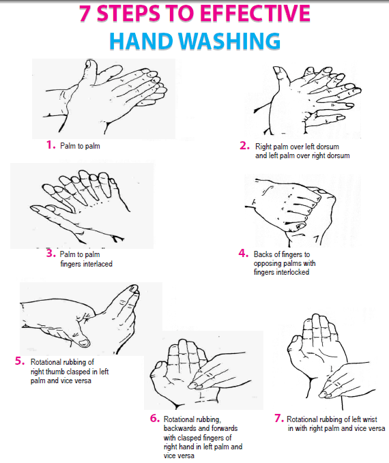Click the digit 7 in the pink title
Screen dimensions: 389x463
(x=85, y=14)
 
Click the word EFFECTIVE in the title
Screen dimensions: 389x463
(x=255, y=14)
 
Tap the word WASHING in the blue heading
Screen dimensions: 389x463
(x=229, y=41)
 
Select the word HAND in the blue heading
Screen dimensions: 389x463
(x=141, y=41)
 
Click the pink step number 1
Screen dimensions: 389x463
(x=51, y=145)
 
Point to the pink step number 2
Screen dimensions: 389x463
(x=244, y=145)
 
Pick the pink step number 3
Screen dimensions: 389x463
(x=51, y=254)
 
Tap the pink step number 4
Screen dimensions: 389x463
(x=243, y=254)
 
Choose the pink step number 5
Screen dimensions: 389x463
(x=20, y=361)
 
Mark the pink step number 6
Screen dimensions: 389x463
(x=155, y=418)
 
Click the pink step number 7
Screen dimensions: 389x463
(x=279, y=418)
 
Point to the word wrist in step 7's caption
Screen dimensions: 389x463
(x=369, y=419)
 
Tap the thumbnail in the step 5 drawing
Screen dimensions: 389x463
(x=84, y=343)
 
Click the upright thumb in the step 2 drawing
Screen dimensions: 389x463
(x=280, y=77)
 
